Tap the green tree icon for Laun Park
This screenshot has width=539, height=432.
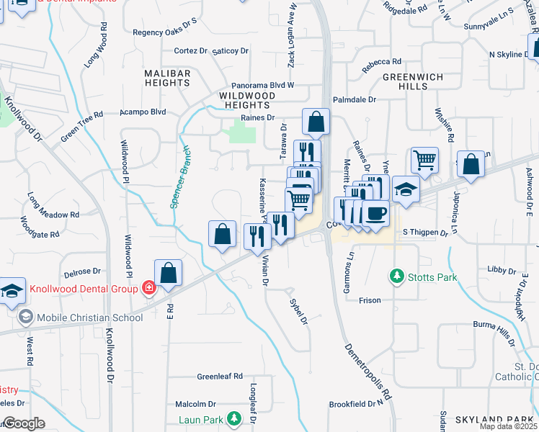point(233,418)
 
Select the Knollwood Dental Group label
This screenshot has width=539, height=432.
point(84,289)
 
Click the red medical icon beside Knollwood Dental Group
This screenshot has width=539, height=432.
point(148,289)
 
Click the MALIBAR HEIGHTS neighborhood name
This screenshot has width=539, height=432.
point(167,78)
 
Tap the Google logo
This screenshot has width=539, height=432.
point(23,423)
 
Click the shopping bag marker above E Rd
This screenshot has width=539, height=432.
point(168,272)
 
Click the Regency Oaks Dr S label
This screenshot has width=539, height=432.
point(164,32)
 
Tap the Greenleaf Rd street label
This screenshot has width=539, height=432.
point(220,377)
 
